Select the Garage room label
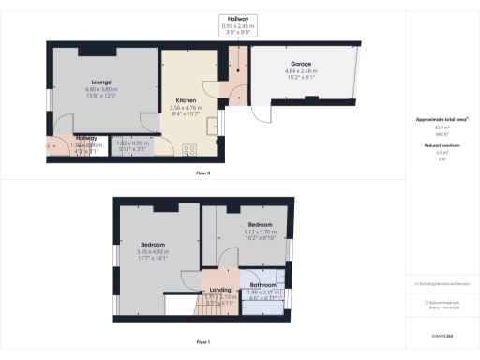300,64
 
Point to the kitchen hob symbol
188,148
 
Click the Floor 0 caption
203,173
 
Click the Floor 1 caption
203,342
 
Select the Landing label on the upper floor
220,290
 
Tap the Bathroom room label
262,284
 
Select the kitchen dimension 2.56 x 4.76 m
186,108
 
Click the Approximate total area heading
442,119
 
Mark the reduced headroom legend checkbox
426,302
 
